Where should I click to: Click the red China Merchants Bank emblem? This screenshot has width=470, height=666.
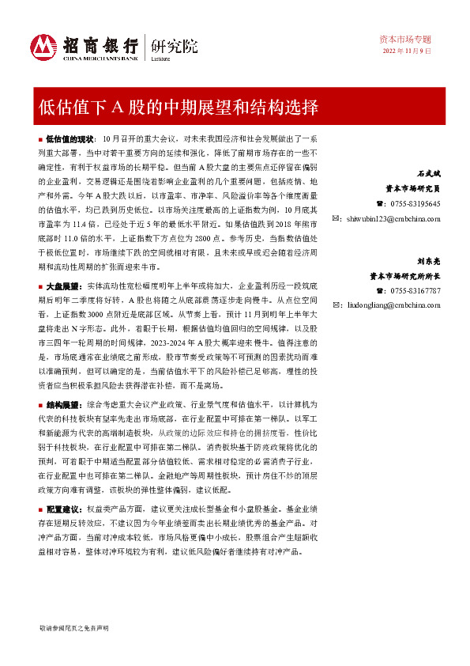coord(43,45)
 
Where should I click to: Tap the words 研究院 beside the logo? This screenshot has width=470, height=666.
coord(168,44)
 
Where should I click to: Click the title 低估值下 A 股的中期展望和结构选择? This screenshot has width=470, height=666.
coord(179,106)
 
